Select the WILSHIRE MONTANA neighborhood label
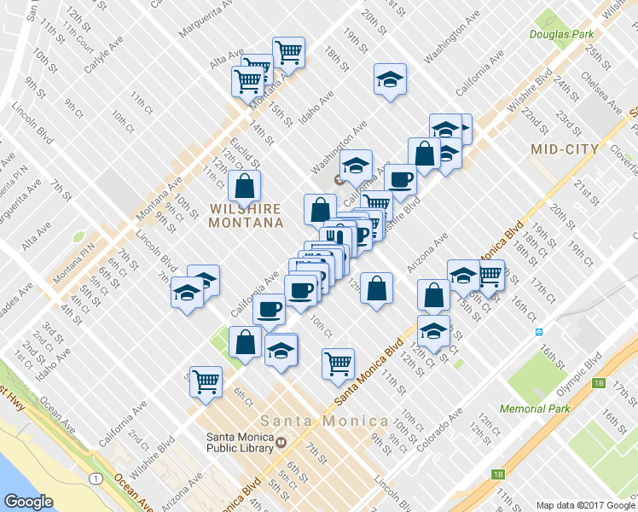246,215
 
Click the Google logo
28,501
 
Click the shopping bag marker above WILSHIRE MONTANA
245,185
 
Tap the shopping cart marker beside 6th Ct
206,381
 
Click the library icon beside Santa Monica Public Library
280,440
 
